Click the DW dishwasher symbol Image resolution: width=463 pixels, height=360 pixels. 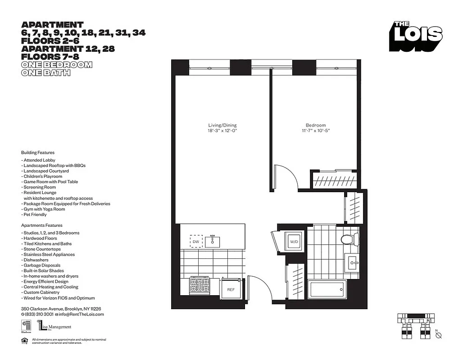pos(196,242)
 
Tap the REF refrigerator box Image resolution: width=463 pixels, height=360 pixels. pos(231,289)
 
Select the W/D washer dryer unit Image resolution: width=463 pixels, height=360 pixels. pos(294,242)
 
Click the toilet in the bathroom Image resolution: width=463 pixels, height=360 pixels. pos(349,239)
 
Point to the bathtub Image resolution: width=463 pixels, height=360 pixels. pos(327,289)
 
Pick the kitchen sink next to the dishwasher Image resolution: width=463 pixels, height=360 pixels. pos(213,241)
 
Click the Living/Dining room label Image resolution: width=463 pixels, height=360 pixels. pos(222,125)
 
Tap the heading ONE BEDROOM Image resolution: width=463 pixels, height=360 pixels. pos(57,65)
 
